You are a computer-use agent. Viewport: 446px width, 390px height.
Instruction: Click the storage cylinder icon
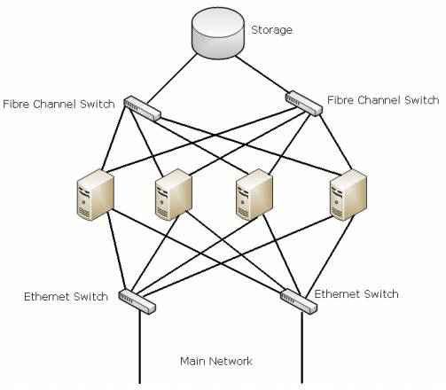coord(218,33)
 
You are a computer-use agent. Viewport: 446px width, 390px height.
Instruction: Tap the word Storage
coord(271,30)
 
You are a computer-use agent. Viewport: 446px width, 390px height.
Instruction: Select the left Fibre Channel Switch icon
coord(142,108)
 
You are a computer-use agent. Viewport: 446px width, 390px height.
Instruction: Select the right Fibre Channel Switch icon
coord(304,103)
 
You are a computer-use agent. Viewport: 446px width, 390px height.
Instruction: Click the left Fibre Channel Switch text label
coord(59,104)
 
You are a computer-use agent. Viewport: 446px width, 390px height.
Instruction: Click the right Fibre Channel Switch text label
coord(383,100)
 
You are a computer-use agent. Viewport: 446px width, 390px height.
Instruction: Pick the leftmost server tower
coord(95,195)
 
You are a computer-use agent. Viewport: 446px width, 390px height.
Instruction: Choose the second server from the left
coord(174,195)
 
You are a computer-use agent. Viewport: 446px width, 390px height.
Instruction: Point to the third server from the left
coord(254,195)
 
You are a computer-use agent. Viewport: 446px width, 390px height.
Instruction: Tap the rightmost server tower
coord(348,195)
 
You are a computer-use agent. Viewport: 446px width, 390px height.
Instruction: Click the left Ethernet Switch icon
coord(137,301)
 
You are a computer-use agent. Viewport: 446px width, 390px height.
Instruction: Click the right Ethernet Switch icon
coord(299,301)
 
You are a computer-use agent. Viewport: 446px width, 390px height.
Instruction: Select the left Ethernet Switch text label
coord(66,296)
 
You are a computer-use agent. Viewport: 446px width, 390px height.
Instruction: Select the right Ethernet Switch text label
coord(356,294)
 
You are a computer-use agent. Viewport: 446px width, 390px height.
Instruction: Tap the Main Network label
coord(216,361)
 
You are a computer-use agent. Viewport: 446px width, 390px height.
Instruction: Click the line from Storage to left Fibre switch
coord(172,79)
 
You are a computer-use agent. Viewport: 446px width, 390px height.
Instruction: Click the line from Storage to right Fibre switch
coord(262,74)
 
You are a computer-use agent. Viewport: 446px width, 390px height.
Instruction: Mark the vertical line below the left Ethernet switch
coord(140,347)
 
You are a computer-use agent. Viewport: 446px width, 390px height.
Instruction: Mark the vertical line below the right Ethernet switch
coord(301,347)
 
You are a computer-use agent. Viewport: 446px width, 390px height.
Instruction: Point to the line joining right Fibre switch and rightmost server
coord(336,143)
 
